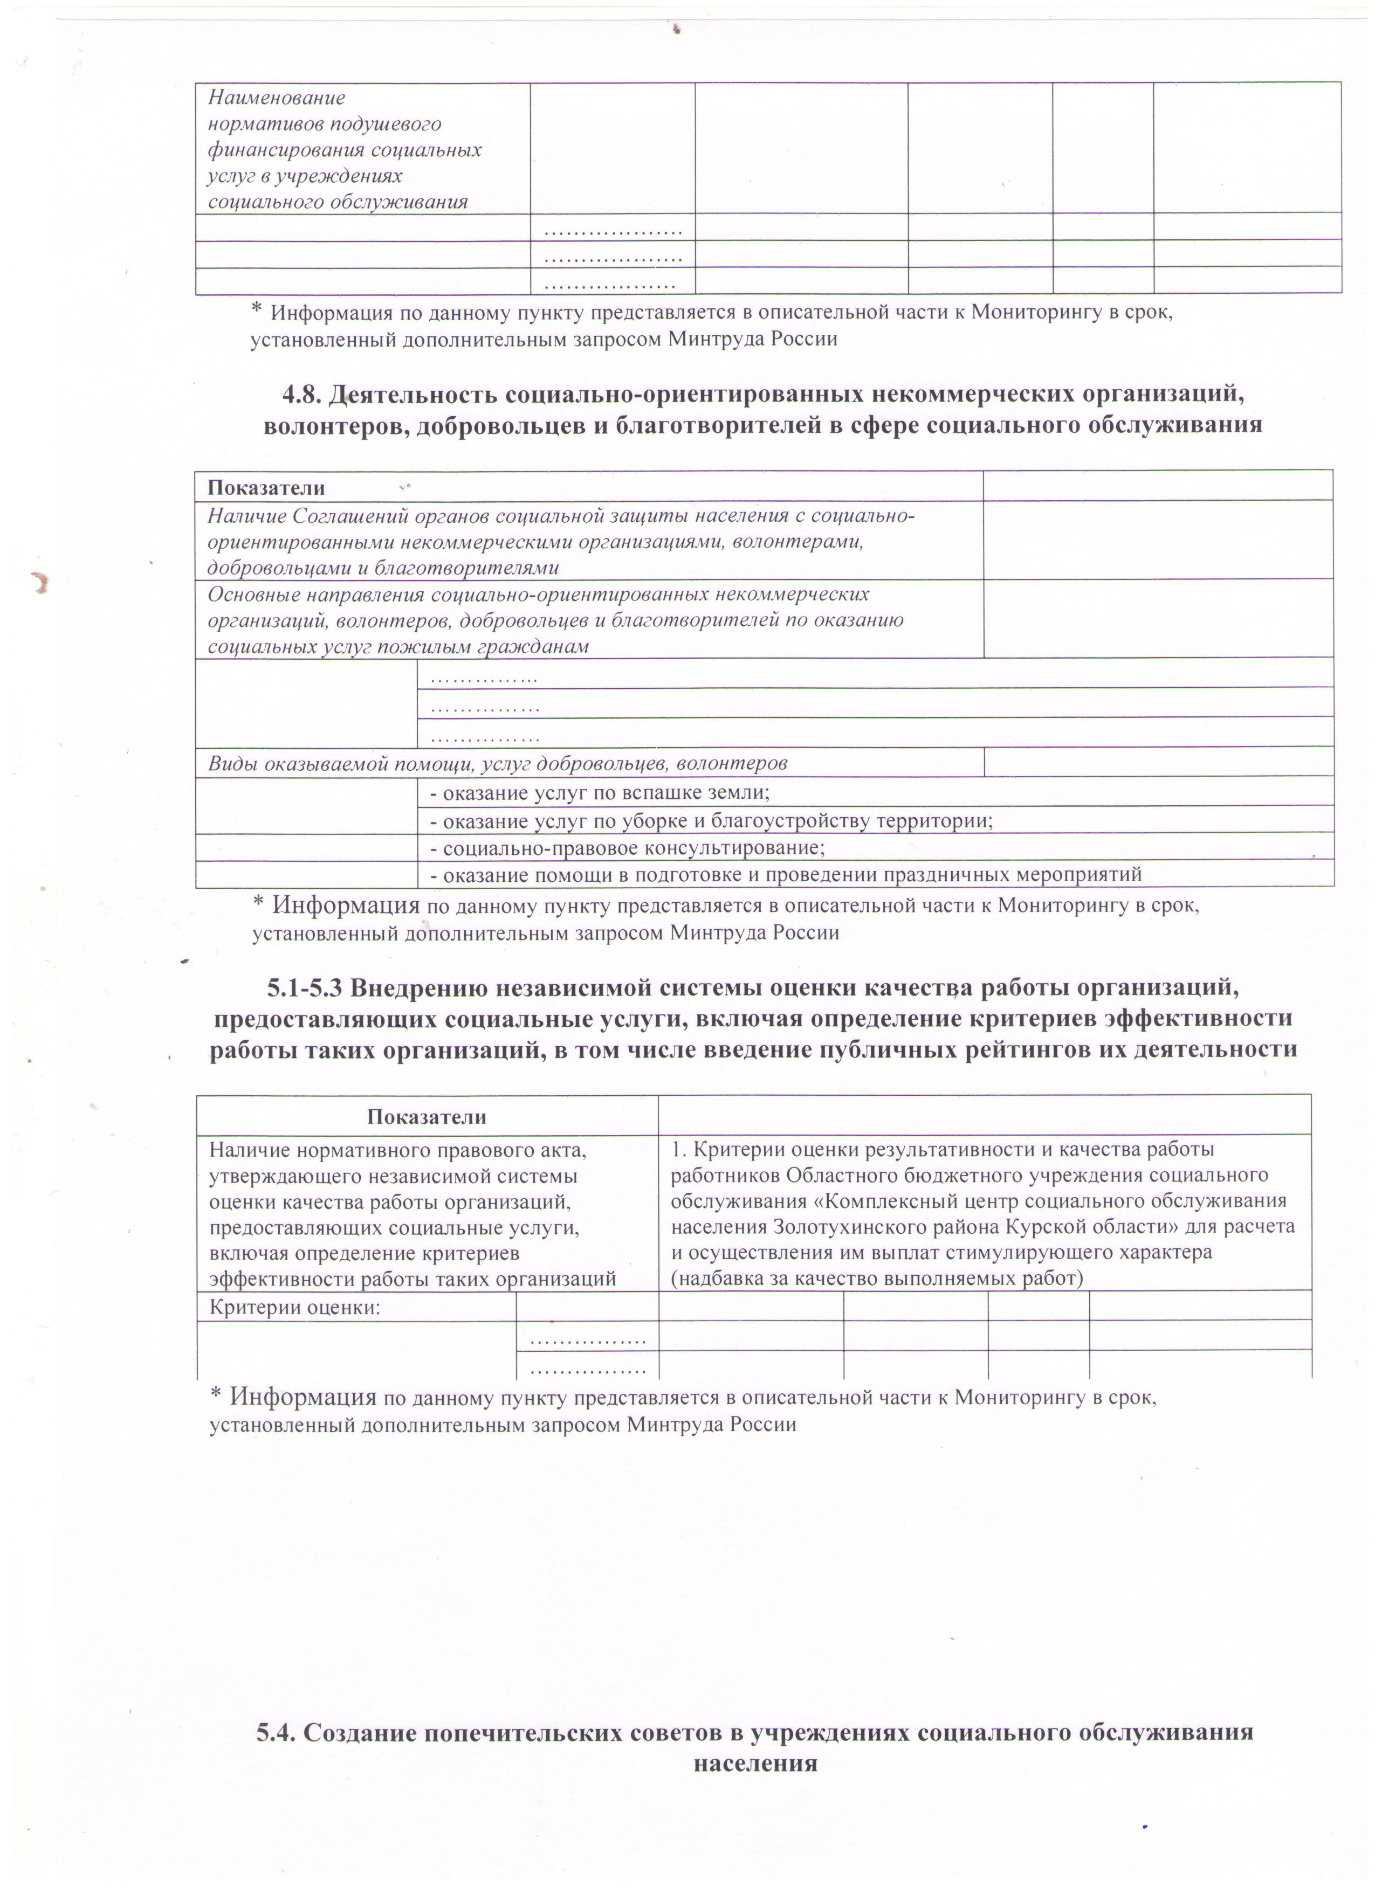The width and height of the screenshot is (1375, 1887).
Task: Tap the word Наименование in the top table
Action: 276,98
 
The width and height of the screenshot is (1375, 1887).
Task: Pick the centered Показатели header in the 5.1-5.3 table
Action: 427,1117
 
